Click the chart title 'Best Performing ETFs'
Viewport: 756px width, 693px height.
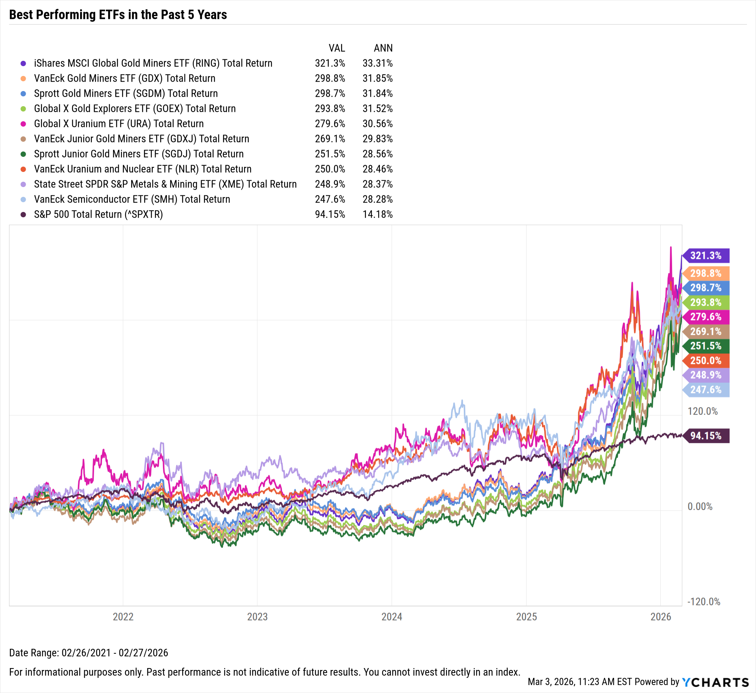pyautogui.click(x=118, y=15)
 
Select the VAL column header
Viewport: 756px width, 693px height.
pyautogui.click(x=336, y=48)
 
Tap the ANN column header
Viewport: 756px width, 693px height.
pyautogui.click(x=383, y=48)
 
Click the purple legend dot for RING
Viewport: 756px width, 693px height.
pyautogui.click(x=23, y=63)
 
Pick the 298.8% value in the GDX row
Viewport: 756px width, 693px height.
pyautogui.click(x=330, y=78)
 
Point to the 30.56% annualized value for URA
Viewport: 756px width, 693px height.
pyautogui.click(x=377, y=124)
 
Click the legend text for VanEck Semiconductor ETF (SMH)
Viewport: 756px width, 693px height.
pyautogui.click(x=132, y=199)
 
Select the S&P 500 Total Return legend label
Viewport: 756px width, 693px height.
pyautogui.click(x=98, y=214)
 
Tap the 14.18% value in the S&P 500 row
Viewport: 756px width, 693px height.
pyautogui.click(x=377, y=214)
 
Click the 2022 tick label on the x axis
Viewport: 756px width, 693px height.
pyautogui.click(x=123, y=617)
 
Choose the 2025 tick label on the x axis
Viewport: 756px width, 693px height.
pyautogui.click(x=526, y=617)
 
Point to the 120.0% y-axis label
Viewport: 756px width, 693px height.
pyautogui.click(x=702, y=411)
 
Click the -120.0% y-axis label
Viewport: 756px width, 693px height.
pyautogui.click(x=703, y=602)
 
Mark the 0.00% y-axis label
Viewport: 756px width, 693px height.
pyautogui.click(x=700, y=506)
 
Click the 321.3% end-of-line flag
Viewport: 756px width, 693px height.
pyautogui.click(x=705, y=255)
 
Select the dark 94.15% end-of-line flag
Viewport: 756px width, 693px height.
pyautogui.click(x=705, y=436)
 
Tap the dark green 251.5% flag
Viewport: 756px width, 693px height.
pyautogui.click(x=705, y=346)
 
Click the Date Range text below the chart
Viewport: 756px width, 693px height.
pyautogui.click(x=88, y=653)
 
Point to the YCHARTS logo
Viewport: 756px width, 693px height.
pyautogui.click(x=715, y=682)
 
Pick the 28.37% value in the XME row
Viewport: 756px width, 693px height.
pyautogui.click(x=377, y=184)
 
